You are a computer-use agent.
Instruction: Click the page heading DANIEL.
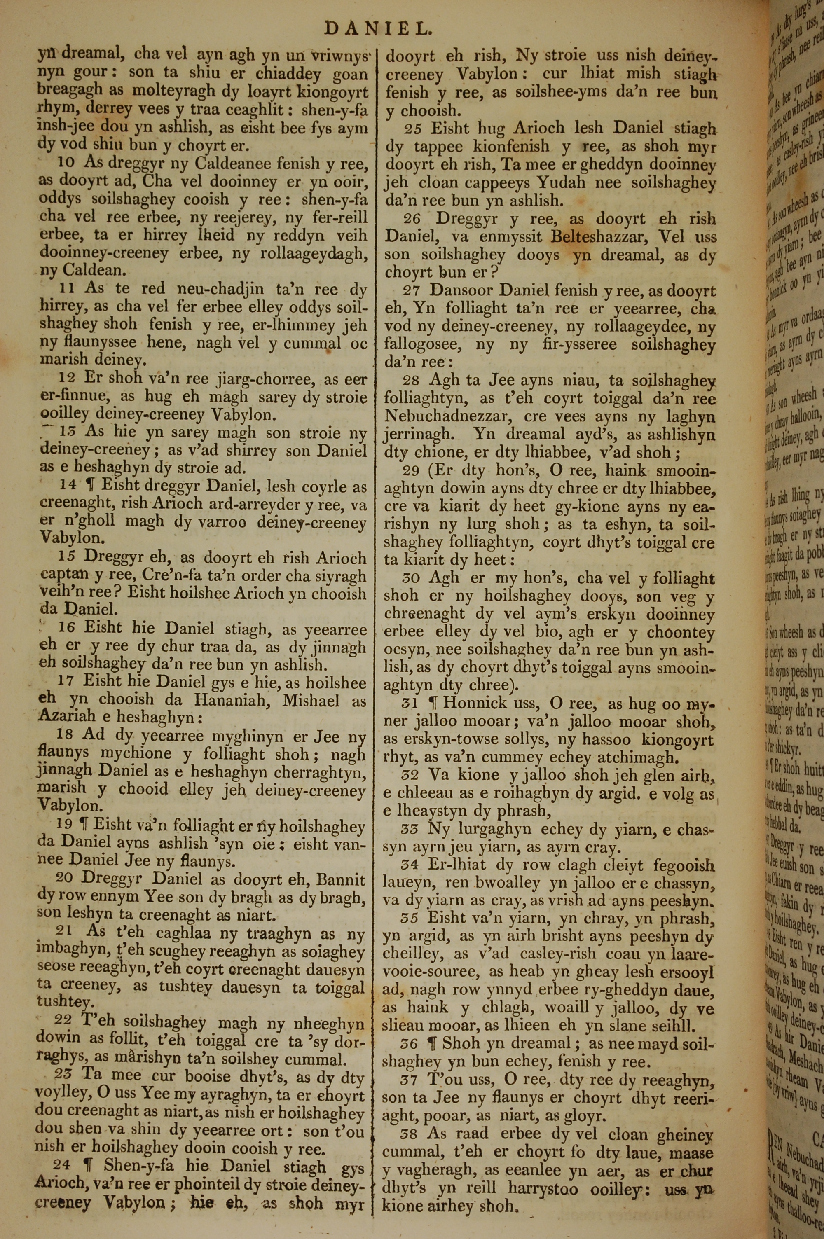[x=378, y=29]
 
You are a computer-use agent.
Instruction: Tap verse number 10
[x=66, y=163]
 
